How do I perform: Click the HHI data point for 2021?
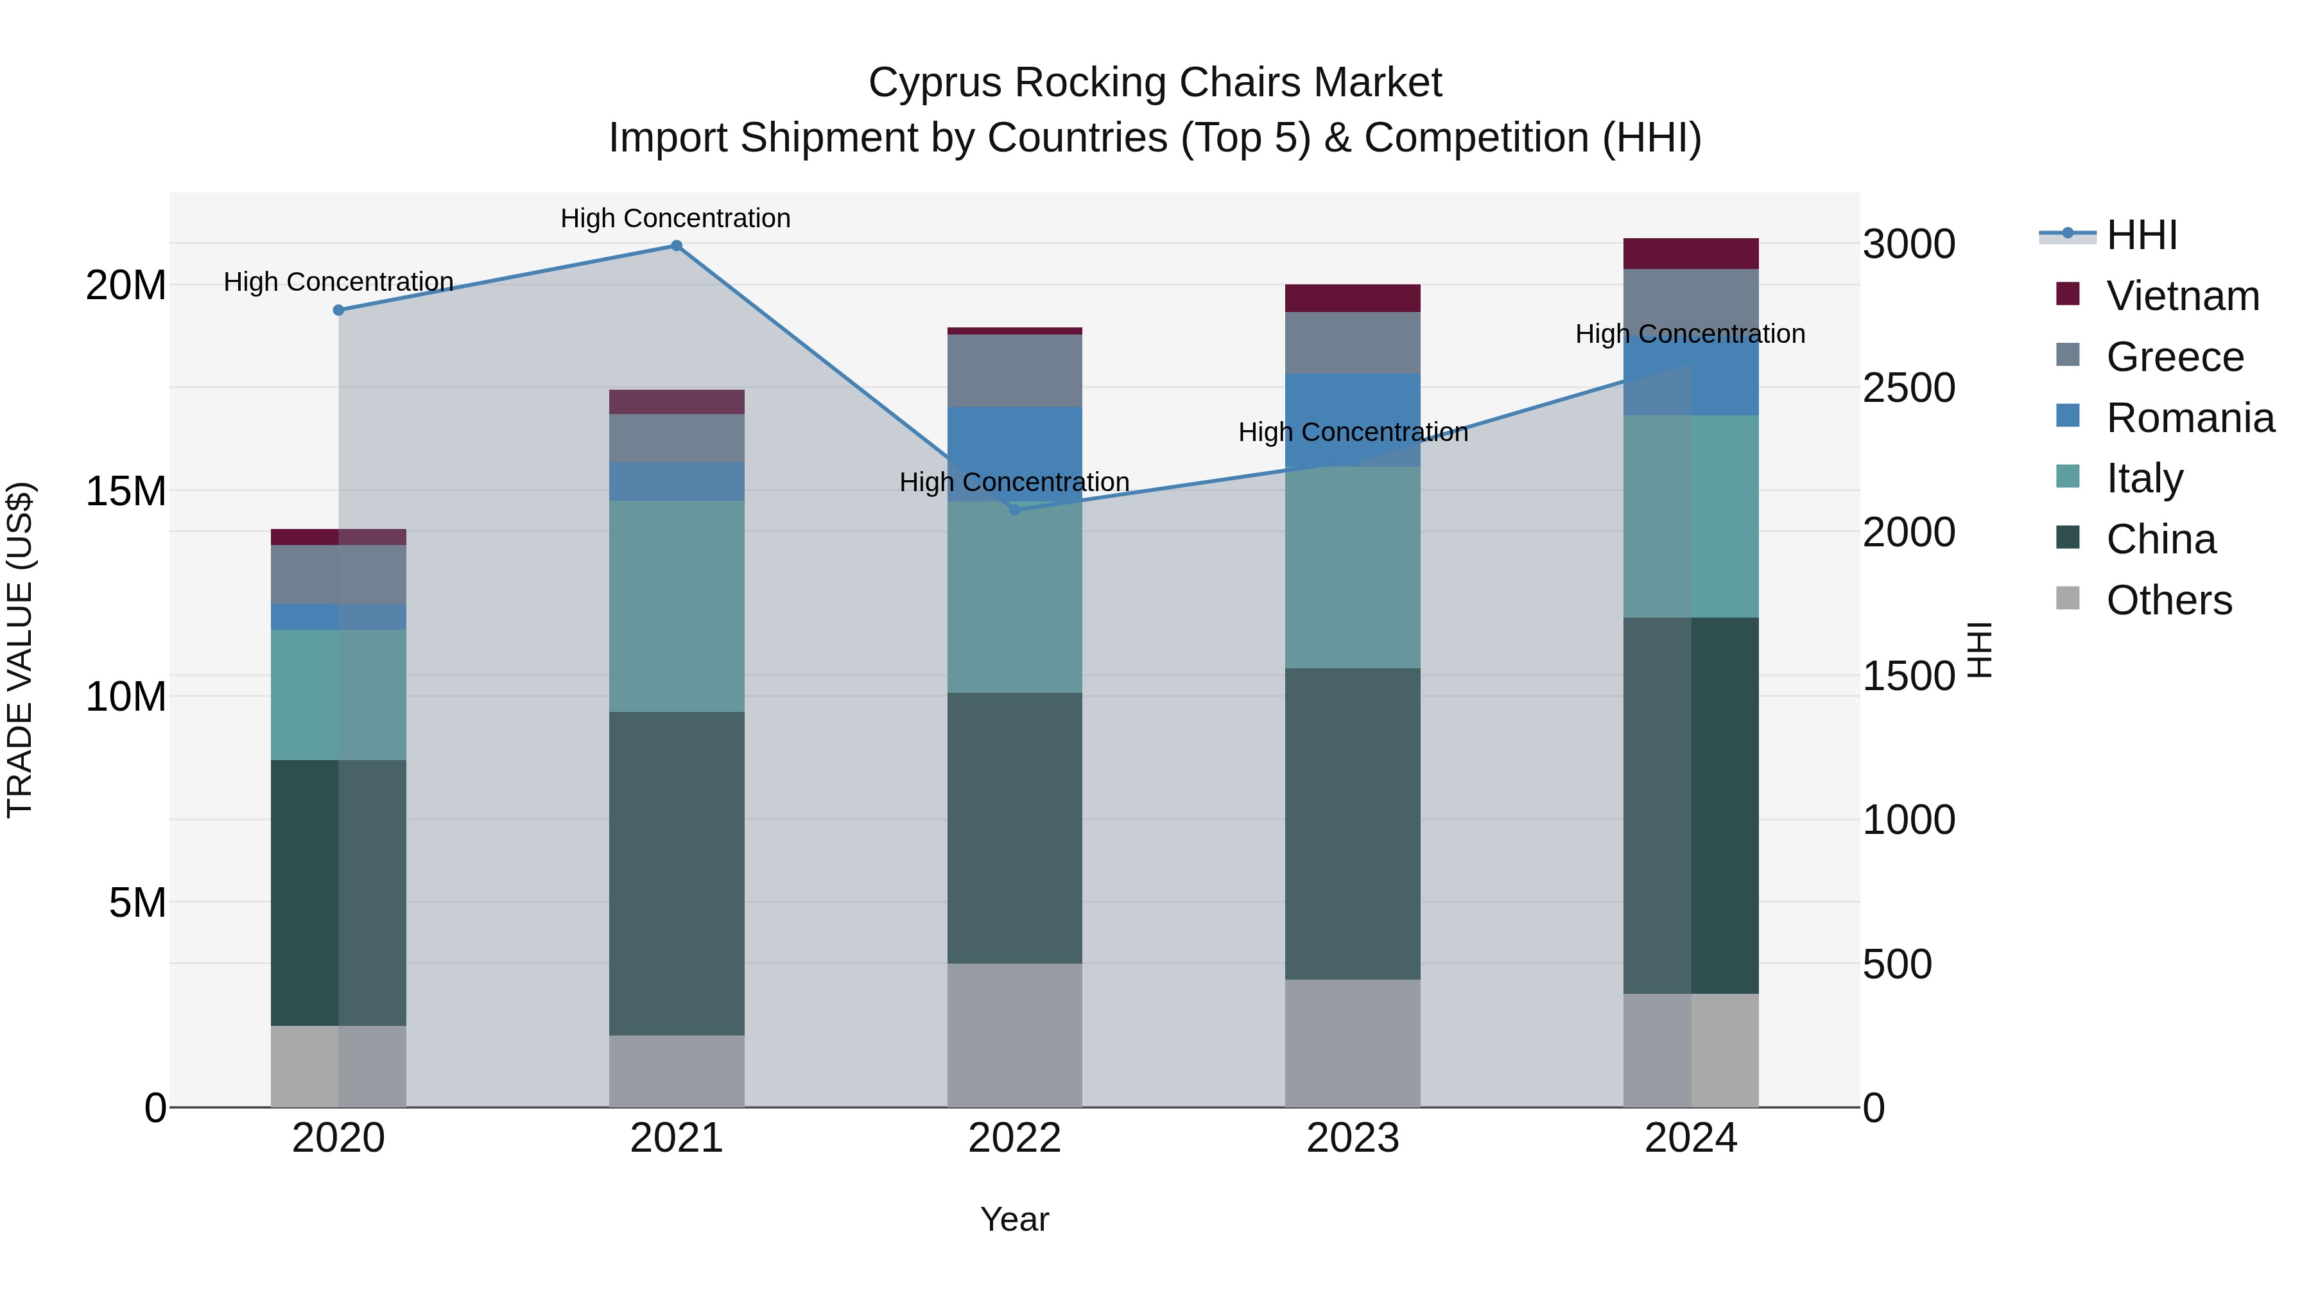point(677,246)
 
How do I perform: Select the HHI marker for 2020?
point(338,311)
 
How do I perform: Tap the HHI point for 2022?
point(1015,510)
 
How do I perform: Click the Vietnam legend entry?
point(2182,296)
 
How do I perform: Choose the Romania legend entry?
point(2189,418)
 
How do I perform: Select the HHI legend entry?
point(2140,235)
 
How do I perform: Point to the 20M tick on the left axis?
point(126,285)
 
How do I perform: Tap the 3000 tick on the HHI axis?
point(1909,244)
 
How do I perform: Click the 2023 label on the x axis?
point(1352,1138)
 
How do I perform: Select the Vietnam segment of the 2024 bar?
point(1690,254)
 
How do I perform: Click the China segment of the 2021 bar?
point(677,873)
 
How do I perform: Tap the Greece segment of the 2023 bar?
point(1352,343)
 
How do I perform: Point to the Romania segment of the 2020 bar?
point(338,617)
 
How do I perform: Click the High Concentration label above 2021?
point(675,219)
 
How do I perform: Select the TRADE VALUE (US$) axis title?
point(20,650)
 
